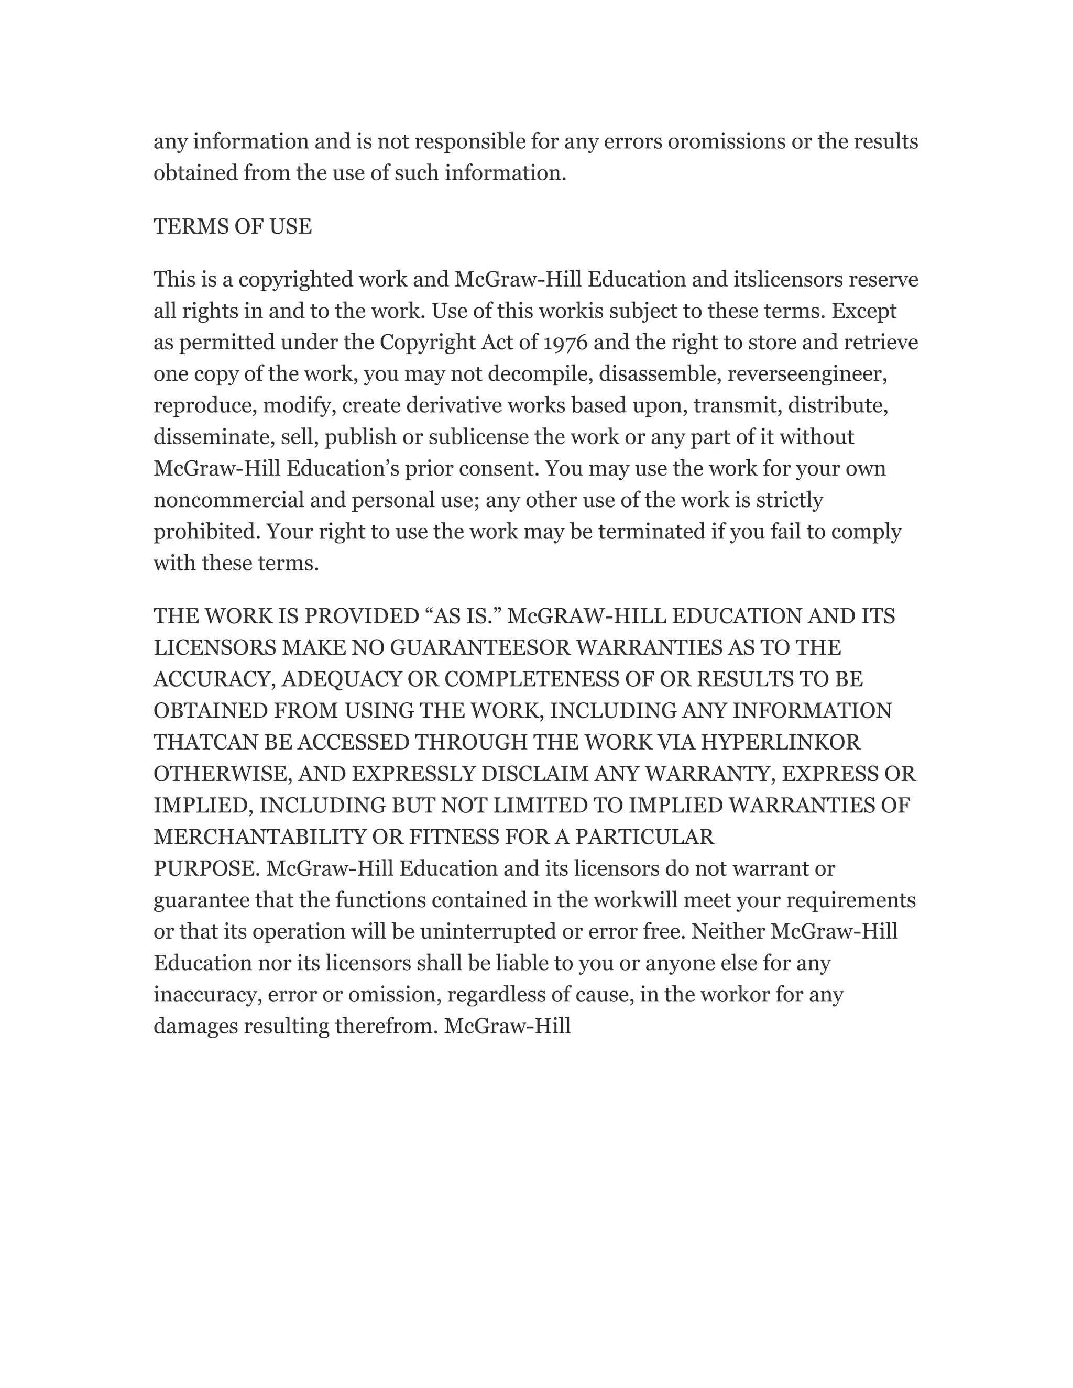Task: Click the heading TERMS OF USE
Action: pyautogui.click(x=233, y=227)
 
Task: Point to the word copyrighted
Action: pyautogui.click(x=295, y=280)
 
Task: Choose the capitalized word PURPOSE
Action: pyautogui.click(x=206, y=869)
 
